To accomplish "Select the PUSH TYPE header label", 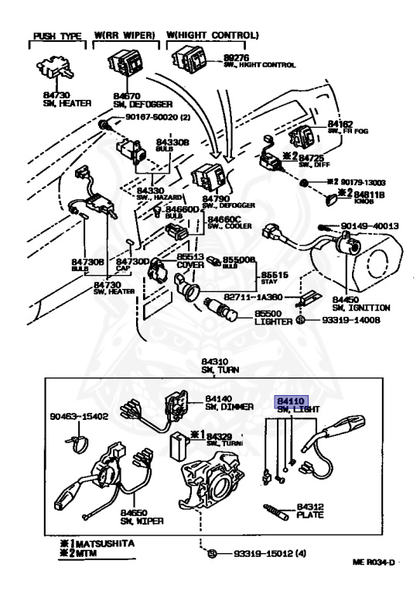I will [56, 36].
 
